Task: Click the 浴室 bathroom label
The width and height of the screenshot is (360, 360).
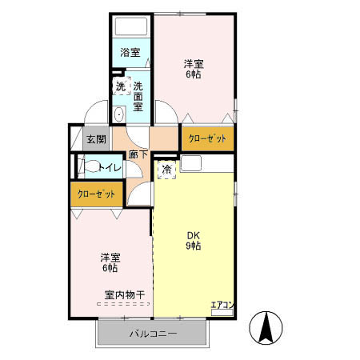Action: pyautogui.click(x=130, y=53)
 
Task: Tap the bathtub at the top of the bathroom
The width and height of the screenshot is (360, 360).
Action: pyautogui.click(x=130, y=26)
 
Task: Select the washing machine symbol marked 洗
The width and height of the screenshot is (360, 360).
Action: pyautogui.click(x=120, y=86)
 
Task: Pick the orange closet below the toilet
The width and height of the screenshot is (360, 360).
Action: pyautogui.click(x=96, y=194)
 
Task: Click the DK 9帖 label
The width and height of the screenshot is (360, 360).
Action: pyautogui.click(x=194, y=240)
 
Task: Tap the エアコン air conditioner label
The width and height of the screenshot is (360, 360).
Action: pyautogui.click(x=222, y=305)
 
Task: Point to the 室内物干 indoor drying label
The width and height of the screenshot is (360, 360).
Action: pyautogui.click(x=124, y=295)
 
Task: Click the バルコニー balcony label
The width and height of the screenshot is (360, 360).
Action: pyautogui.click(x=153, y=333)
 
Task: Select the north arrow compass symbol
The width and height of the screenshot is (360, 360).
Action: pyautogui.click(x=266, y=329)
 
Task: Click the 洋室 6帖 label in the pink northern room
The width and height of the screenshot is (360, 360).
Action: pyautogui.click(x=192, y=69)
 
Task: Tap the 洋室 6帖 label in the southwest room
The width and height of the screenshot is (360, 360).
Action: pyautogui.click(x=110, y=262)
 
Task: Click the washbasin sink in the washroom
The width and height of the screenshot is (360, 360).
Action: pyautogui.click(x=119, y=114)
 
